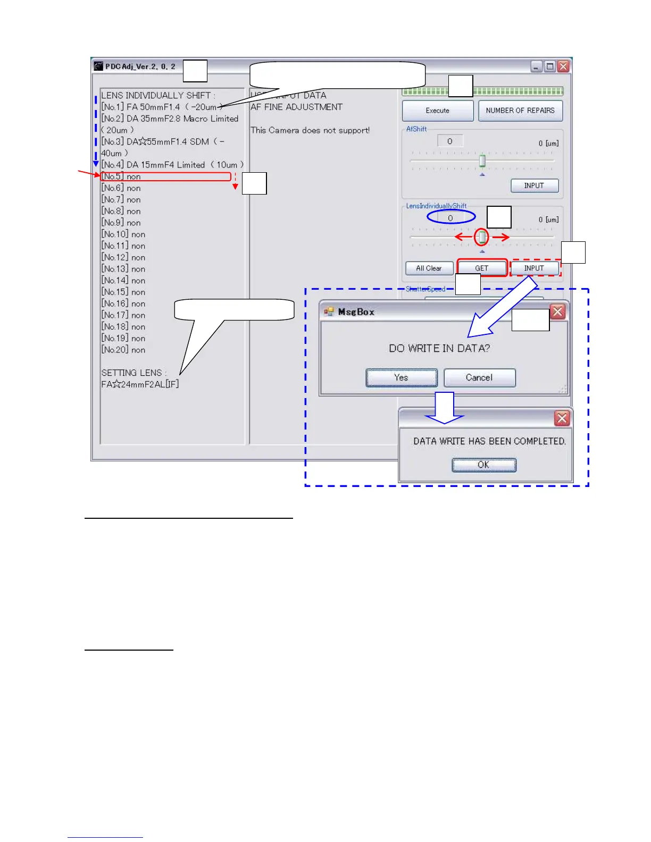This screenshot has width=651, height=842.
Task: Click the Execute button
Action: pos(437,111)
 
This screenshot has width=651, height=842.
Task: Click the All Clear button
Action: pos(429,268)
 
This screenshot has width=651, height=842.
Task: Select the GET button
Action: pos(481,268)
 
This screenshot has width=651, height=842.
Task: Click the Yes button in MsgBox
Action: pos(402,377)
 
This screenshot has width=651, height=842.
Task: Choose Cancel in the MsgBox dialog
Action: pos(479,377)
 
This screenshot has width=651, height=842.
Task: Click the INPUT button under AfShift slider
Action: pos(534,186)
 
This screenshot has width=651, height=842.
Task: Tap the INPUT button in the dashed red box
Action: pos(534,268)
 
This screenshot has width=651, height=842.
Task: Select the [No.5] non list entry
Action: pos(121,176)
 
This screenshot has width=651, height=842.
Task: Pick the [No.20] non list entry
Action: pos(123,350)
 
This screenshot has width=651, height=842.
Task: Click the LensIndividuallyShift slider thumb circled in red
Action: pos(482,237)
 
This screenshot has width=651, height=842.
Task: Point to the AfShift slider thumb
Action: pos(482,161)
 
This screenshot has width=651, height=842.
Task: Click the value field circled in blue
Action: pos(450,218)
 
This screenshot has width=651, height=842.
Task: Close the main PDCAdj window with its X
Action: pos(563,66)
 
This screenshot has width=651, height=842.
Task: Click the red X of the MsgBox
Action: pos(557,311)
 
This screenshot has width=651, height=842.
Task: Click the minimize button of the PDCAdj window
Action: pos(537,66)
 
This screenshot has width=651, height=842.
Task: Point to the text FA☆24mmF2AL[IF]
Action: pos(140,384)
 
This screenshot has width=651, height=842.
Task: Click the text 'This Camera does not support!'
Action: pos(310,130)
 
